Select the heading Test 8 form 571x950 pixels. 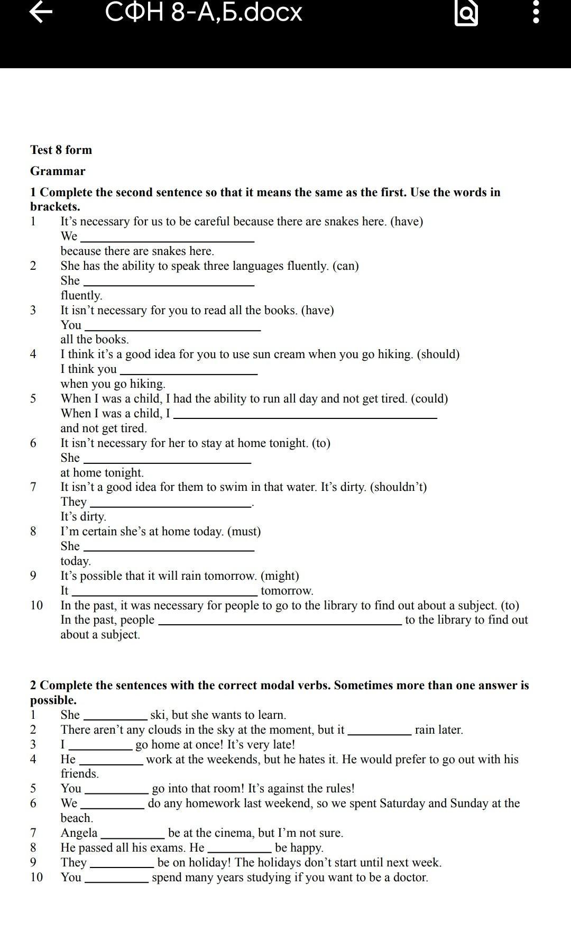61,150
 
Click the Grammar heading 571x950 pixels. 58,171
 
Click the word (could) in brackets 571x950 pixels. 429,399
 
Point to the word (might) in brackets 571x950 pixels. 280,576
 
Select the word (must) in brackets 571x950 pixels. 244,532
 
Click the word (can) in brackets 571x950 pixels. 345,266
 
